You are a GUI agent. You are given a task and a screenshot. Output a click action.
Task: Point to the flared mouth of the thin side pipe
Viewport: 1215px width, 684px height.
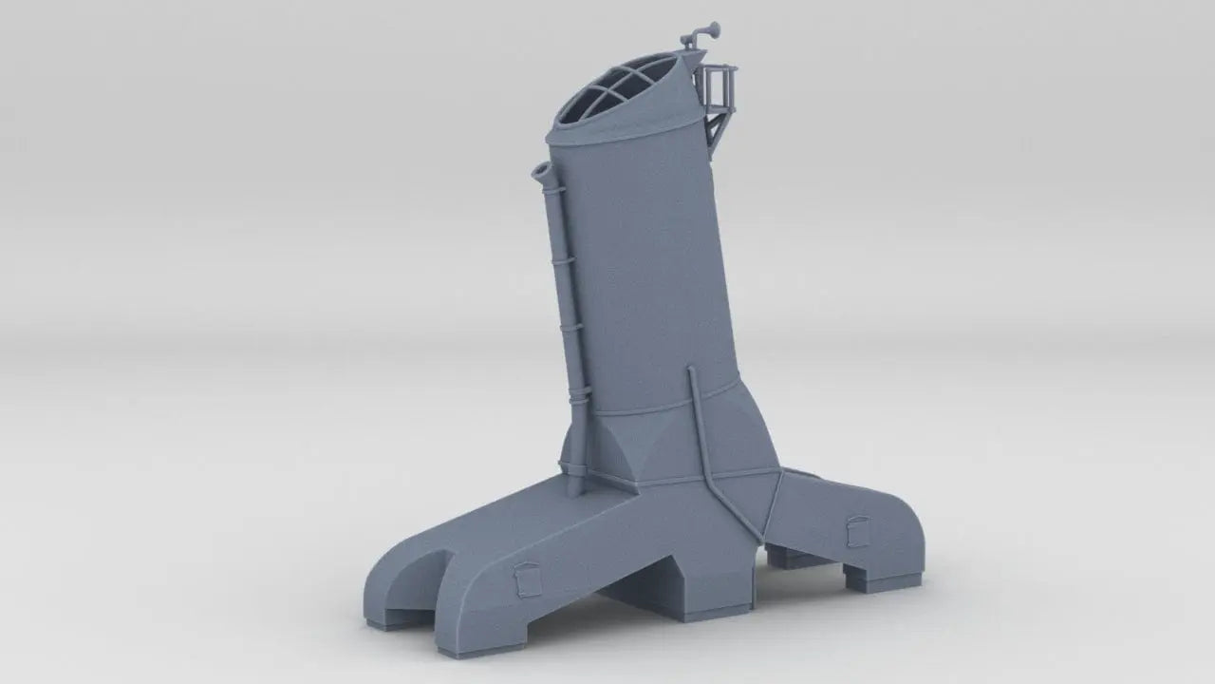coord(543,172)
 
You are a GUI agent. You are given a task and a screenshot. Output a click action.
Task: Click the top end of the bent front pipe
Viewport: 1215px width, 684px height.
coord(691,371)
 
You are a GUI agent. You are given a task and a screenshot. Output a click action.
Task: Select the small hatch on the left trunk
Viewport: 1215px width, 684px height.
coord(524,579)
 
